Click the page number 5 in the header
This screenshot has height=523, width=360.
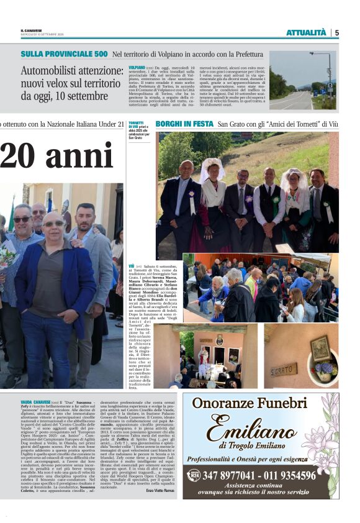tap(336, 32)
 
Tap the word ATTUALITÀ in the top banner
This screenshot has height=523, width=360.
tap(305, 32)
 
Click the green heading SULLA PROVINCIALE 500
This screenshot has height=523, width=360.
tap(64, 54)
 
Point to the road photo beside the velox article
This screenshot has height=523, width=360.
tap(302, 81)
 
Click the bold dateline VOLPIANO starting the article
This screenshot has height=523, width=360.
tap(136, 66)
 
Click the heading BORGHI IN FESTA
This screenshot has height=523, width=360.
tap(184, 124)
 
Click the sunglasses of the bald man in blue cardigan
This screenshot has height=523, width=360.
tap(53, 224)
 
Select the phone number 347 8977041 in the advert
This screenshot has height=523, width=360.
tap(233, 476)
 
